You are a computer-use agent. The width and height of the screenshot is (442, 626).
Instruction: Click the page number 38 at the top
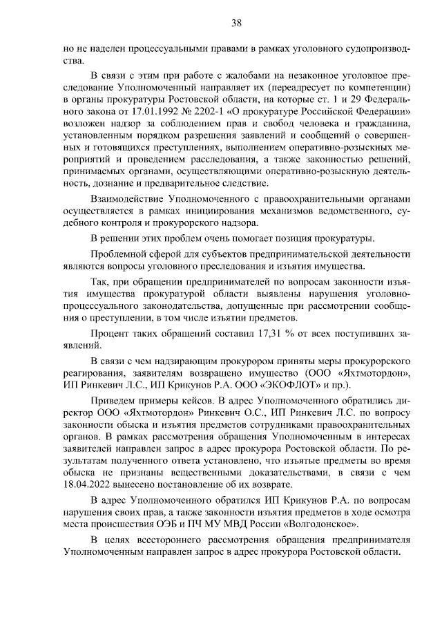[236, 23]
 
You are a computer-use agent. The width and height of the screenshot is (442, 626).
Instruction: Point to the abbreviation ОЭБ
[180, 523]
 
